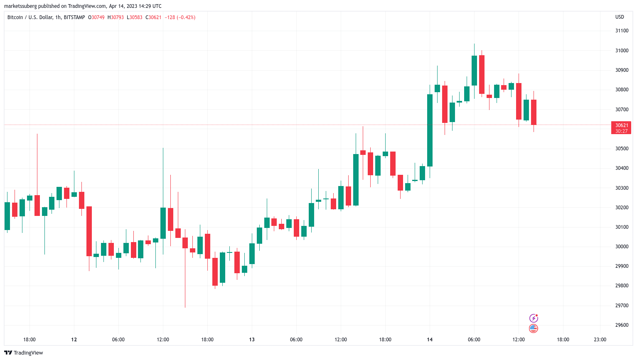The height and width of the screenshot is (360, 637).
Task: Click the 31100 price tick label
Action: point(622,31)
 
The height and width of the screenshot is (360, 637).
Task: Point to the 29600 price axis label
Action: point(622,325)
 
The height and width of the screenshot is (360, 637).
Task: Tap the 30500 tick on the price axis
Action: point(622,149)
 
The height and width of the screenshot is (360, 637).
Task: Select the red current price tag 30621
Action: point(621,128)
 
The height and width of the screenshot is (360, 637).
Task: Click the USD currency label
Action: point(620,17)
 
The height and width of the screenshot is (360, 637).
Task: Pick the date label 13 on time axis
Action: point(252,340)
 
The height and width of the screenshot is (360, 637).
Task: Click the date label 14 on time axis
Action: point(430,340)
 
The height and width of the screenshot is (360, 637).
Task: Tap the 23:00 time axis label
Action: point(600,340)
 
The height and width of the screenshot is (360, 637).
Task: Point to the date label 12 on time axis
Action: point(74,340)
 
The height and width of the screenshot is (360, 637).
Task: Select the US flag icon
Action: point(534,328)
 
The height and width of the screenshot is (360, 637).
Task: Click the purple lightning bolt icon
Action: point(534,318)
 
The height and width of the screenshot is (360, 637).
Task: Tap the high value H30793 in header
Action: point(116,17)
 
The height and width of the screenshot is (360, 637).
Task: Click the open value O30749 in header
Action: point(96,17)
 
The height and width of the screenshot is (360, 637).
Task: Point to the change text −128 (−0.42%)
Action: point(180,17)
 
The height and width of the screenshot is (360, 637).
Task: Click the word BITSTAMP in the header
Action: point(74,17)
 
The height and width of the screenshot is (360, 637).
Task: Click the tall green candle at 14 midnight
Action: point(430,130)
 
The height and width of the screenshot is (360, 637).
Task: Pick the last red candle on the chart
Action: point(534,112)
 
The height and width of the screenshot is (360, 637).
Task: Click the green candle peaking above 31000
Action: point(474,71)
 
